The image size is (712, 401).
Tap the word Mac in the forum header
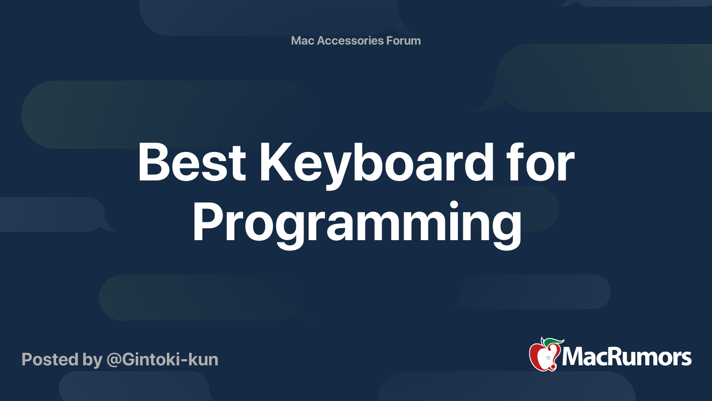click(x=303, y=41)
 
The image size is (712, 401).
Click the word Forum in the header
click(x=403, y=41)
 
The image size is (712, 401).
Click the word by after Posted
click(x=93, y=360)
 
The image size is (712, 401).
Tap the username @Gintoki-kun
click(x=162, y=360)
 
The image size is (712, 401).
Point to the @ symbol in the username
click(x=113, y=360)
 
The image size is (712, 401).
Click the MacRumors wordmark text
click(x=627, y=357)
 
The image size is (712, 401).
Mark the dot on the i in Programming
click(x=453, y=205)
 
